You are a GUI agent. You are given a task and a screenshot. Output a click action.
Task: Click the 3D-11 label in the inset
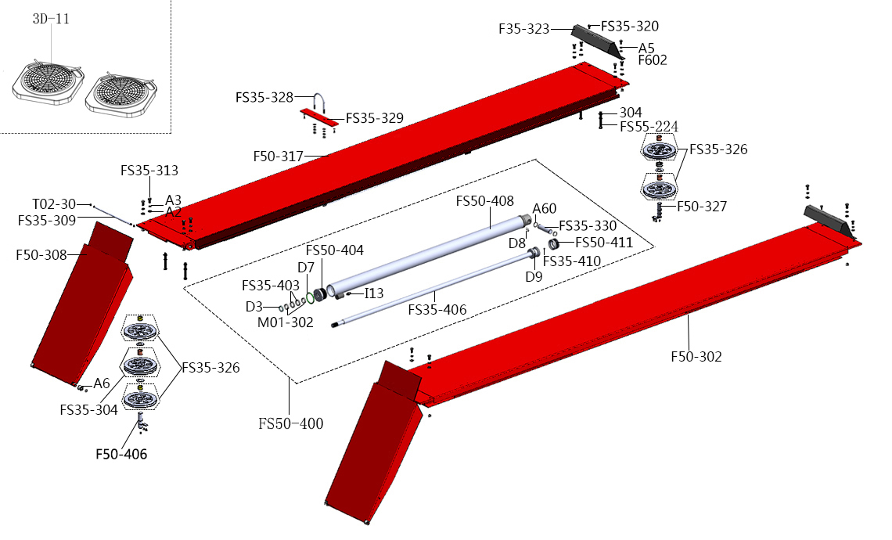pos(51,19)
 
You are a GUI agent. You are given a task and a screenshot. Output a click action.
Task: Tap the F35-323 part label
pos(524,29)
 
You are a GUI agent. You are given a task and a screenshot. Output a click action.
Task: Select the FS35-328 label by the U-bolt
pos(264,98)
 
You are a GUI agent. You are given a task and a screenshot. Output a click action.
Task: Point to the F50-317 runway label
pos(278,157)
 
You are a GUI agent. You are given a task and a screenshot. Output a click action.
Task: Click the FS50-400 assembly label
pos(290,423)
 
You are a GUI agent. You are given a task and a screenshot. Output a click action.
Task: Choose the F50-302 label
pos(696,357)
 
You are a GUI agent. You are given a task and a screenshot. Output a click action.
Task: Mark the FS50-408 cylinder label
pos(484,202)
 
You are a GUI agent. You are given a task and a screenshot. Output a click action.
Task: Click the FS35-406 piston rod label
pos(437,310)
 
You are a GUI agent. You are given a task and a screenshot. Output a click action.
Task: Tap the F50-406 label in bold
pos(121,454)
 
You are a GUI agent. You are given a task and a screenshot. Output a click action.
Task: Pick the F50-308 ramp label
pos(41,254)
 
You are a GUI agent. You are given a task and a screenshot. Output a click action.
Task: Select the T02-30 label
pos(54,203)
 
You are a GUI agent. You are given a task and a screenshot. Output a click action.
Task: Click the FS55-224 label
pos(649,127)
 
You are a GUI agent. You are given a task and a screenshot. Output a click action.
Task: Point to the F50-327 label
pos(702,207)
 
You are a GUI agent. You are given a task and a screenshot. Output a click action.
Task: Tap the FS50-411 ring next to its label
pos(553,244)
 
